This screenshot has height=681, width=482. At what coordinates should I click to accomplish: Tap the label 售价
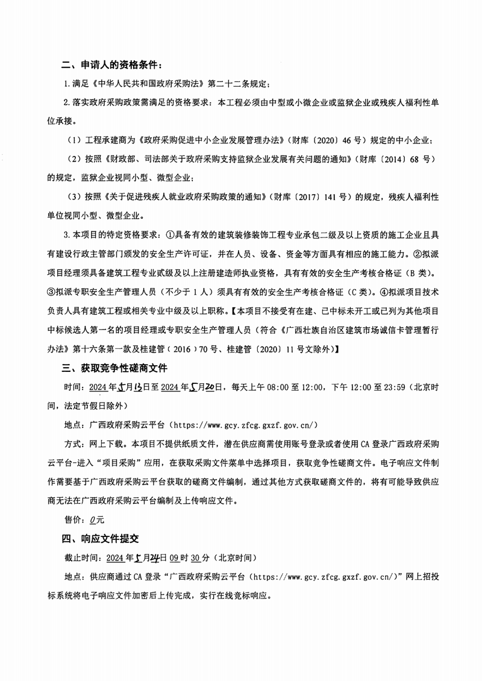(74, 519)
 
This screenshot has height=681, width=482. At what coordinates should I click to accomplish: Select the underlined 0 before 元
(92, 519)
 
